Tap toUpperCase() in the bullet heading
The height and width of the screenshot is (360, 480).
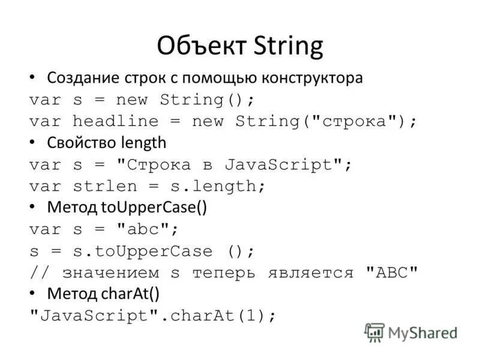pyautogui.click(x=153, y=208)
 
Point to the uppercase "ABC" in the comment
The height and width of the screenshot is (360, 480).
pyautogui.click(x=391, y=272)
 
